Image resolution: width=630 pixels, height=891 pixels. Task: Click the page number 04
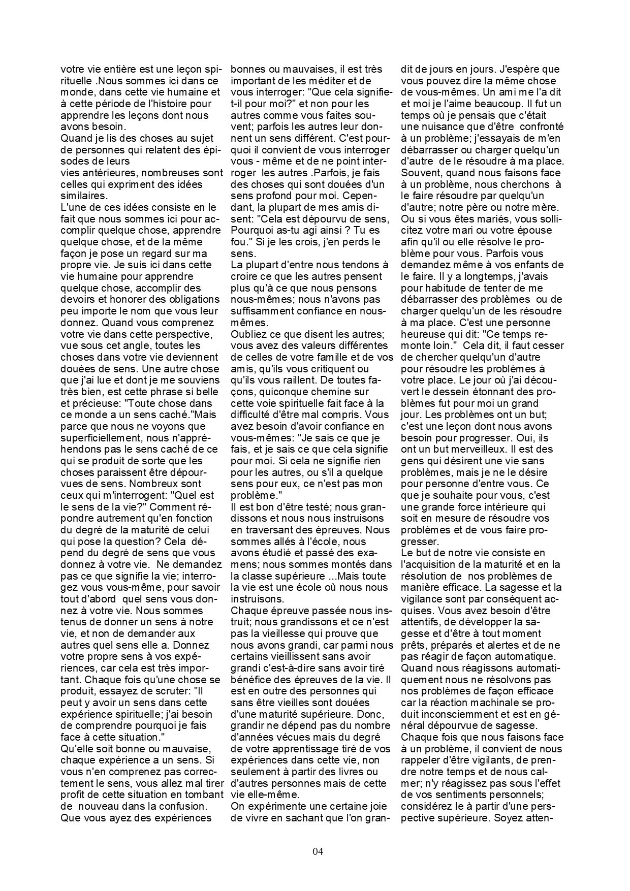[x=318, y=852]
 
